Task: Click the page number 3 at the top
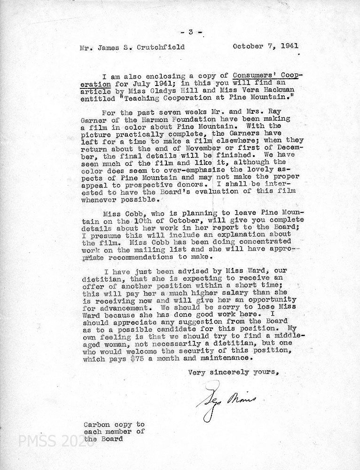coord(190,32)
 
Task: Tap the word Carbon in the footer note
coord(95,424)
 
